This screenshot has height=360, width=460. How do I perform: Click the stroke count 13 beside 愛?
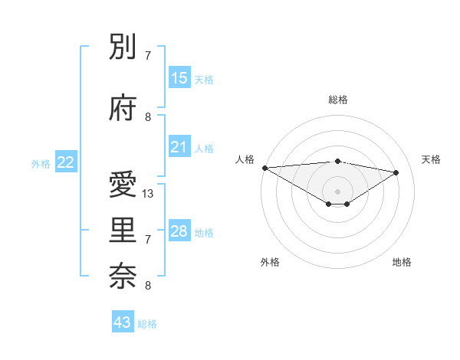click(x=149, y=194)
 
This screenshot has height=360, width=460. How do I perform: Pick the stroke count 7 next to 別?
click(x=148, y=56)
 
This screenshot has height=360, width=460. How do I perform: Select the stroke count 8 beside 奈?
click(x=148, y=286)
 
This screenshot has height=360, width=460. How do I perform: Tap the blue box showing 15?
click(x=179, y=78)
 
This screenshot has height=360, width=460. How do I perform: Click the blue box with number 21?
click(x=179, y=147)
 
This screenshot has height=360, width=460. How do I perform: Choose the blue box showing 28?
click(x=179, y=231)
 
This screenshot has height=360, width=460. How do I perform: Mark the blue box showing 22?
click(x=66, y=162)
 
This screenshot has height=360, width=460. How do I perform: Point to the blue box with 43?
click(x=123, y=322)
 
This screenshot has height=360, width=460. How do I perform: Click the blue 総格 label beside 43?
click(x=147, y=324)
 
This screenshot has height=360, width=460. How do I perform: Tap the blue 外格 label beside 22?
click(x=41, y=163)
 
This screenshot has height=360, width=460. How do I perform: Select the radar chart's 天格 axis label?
click(x=432, y=159)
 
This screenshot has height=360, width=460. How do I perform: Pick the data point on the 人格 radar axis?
click(x=264, y=168)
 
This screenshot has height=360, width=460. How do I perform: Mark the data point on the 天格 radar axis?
click(x=396, y=172)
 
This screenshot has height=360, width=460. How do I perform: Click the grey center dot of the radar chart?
click(x=337, y=190)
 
